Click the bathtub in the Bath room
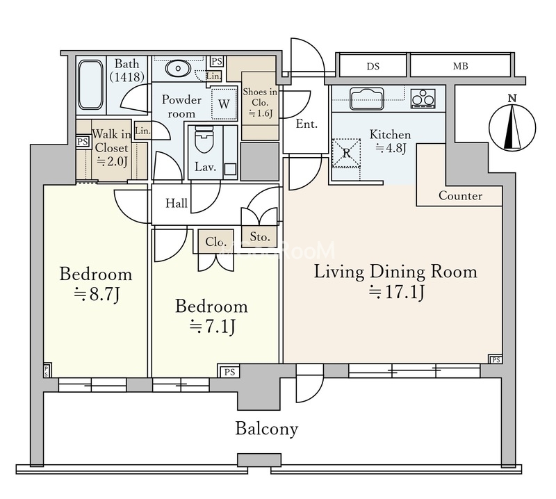coord(91,85)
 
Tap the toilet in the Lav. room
coord(204,140)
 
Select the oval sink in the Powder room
coord(178,68)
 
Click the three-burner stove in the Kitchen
coord(423,98)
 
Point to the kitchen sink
coord(367,97)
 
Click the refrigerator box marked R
coord(346,153)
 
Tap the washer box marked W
coord(224,104)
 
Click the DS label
coord(373,66)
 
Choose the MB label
coord(460,66)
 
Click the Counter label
coord(460,196)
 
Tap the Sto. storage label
coord(260,236)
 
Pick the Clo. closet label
coord(215,242)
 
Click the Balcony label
coord(267,429)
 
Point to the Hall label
coord(177,203)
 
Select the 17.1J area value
coord(396,292)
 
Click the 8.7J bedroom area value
coord(96,294)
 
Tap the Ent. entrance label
coord(306,124)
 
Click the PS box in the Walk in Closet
coord(83,142)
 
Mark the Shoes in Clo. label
coord(260,102)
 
